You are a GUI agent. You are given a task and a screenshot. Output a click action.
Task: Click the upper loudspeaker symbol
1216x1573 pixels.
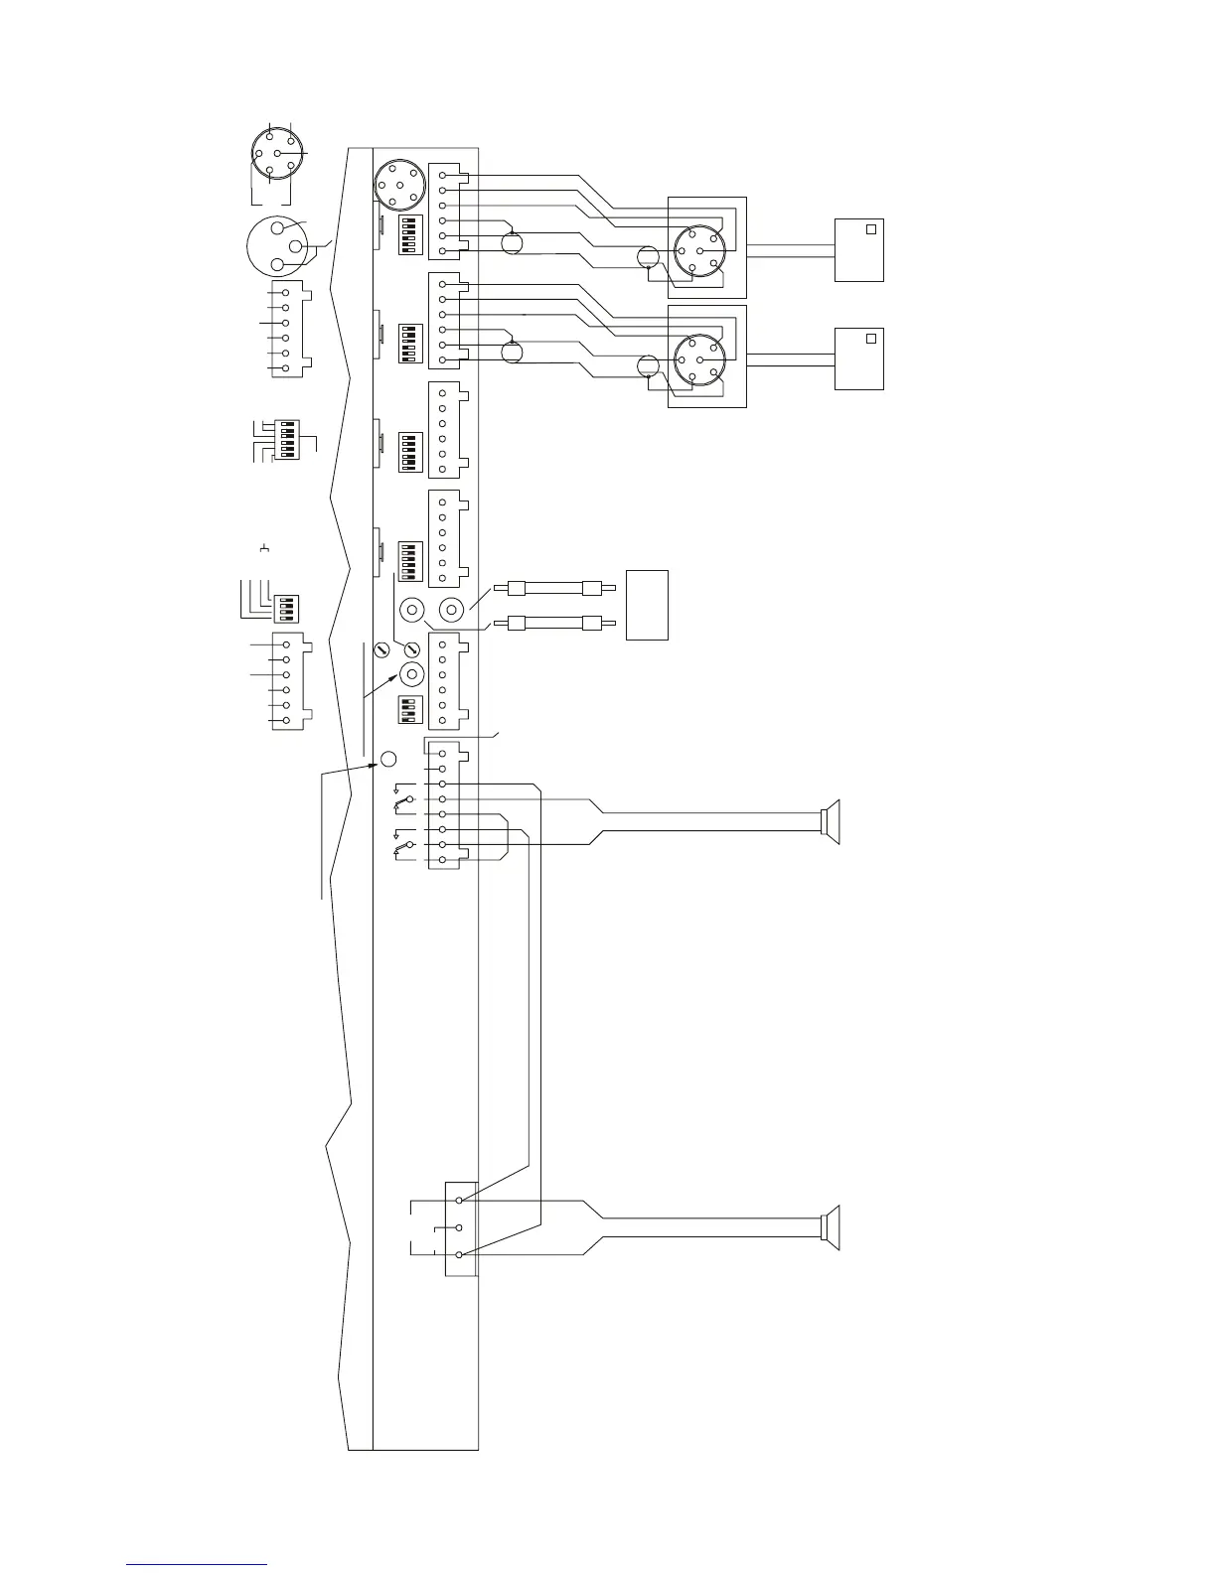[x=832, y=822]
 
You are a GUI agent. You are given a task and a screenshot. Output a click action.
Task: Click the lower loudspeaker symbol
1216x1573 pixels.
[x=832, y=1227]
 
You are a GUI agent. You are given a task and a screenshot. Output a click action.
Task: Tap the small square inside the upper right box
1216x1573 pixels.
[x=871, y=229]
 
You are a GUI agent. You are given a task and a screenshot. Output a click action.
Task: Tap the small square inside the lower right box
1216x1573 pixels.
[x=871, y=339]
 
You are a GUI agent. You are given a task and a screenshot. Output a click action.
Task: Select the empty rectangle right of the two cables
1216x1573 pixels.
[x=647, y=605]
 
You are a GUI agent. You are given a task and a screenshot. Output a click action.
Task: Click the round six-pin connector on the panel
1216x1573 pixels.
[x=399, y=184]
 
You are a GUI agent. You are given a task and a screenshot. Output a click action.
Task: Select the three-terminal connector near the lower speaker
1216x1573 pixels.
[x=460, y=1227]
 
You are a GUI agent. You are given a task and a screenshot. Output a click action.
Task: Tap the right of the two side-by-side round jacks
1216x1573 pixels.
[x=452, y=609]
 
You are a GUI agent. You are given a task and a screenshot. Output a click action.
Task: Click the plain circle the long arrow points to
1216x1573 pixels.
[x=389, y=759]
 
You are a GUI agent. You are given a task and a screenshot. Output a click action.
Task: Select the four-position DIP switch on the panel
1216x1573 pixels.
[x=406, y=709]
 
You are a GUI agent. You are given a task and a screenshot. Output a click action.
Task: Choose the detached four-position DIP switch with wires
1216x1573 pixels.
[x=285, y=606]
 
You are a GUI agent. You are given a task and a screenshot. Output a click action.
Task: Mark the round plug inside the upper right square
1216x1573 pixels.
[x=699, y=250]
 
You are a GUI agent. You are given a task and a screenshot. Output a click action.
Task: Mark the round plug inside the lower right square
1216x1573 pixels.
[x=699, y=359]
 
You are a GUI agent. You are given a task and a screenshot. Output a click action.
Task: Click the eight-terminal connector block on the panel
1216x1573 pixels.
[x=443, y=806]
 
